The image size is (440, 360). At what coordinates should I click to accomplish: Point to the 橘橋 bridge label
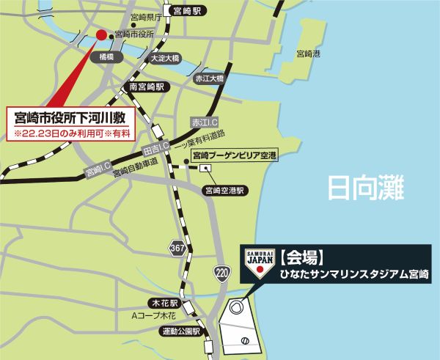coord(107,56)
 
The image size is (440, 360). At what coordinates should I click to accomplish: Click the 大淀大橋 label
coord(164,59)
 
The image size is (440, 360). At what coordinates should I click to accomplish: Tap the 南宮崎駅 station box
coord(145,87)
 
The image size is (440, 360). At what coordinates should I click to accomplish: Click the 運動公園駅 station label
coord(180,331)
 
